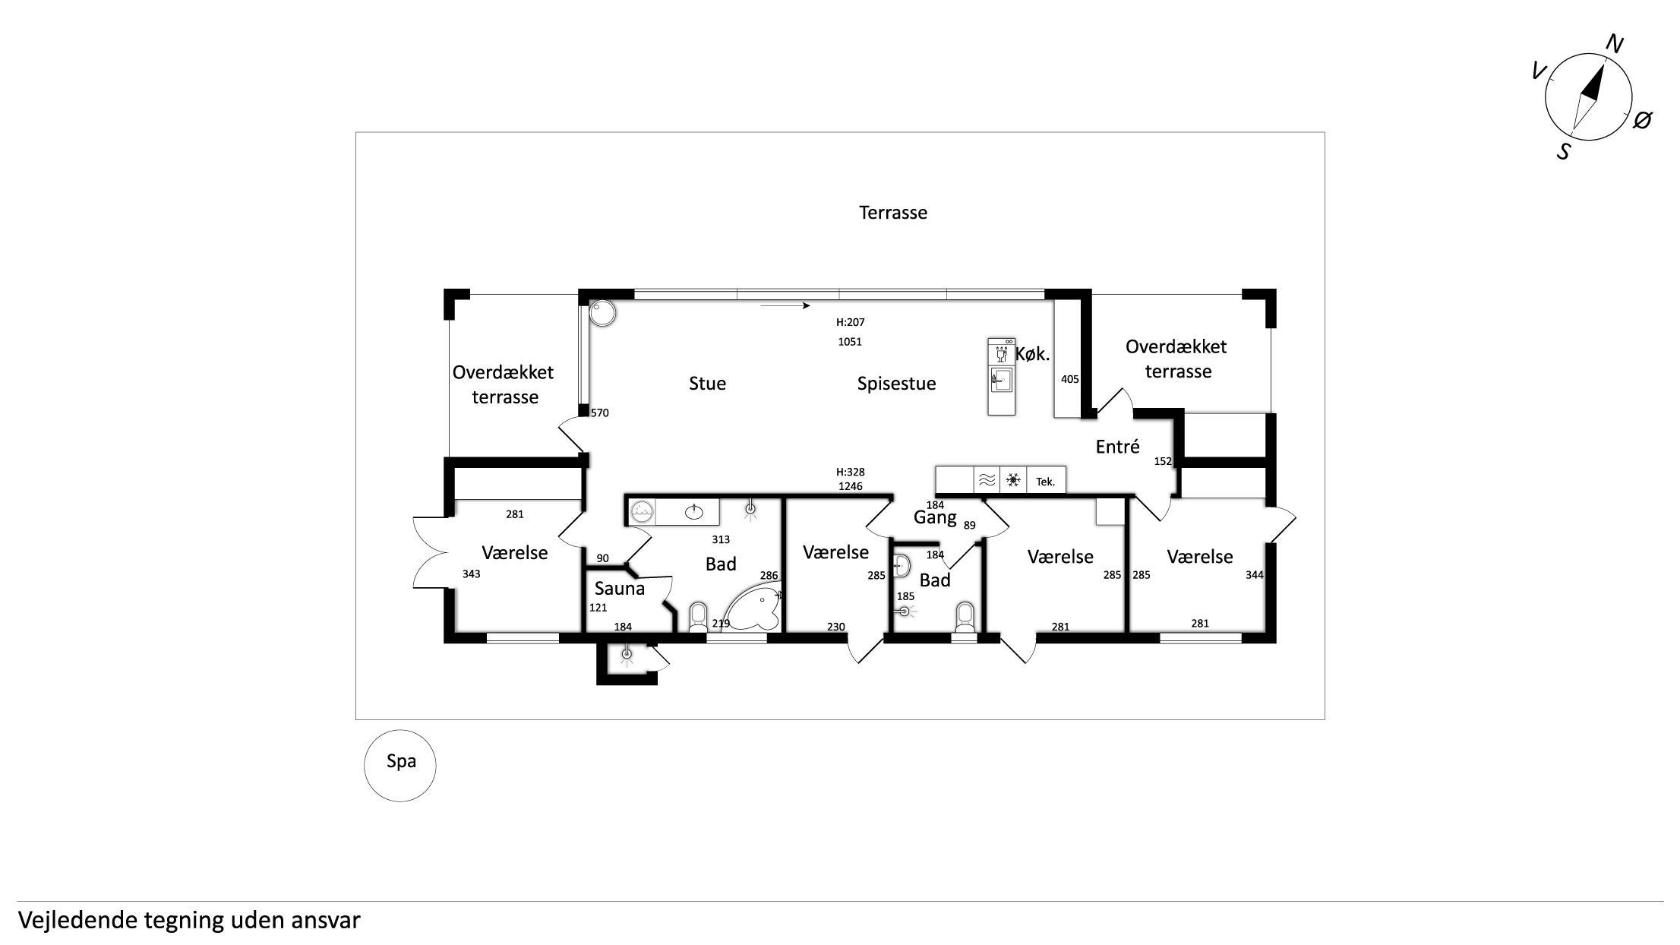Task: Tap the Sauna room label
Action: (619, 588)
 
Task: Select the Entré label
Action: (1117, 447)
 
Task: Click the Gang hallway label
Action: (934, 518)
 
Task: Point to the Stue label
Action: (707, 384)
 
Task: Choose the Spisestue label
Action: (896, 384)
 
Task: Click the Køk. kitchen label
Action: (1032, 354)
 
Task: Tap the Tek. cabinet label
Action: (1045, 482)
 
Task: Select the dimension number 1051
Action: (850, 342)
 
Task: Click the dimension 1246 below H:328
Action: (851, 486)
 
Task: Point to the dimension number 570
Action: (600, 413)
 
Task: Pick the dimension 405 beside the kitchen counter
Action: (1069, 379)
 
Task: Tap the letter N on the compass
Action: (1614, 45)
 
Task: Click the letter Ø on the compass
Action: (1642, 119)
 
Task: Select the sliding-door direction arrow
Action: (785, 306)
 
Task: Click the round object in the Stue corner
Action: (603, 313)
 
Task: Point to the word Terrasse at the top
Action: (893, 213)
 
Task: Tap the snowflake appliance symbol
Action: (1012, 480)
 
